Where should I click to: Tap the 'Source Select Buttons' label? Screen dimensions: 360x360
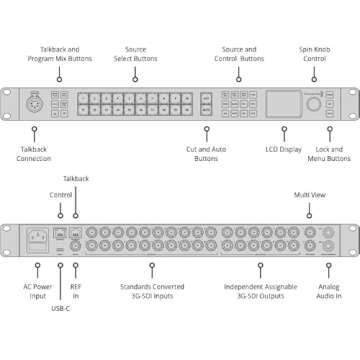135,52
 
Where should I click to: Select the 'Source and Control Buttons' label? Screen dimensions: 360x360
238,52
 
